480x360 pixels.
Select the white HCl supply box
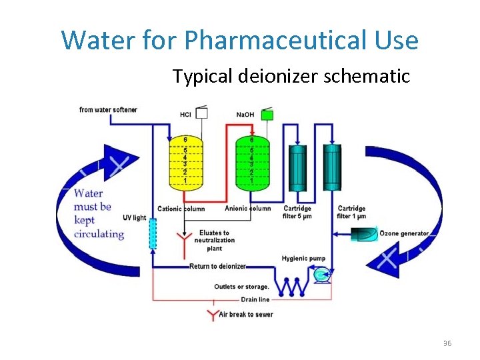point(201,114)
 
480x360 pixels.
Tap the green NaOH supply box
point(267,115)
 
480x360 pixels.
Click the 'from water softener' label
point(108,110)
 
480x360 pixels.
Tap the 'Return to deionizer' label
point(217,267)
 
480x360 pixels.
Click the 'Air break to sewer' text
point(246,314)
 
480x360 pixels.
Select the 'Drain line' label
point(255,300)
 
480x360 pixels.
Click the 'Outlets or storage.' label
point(241,287)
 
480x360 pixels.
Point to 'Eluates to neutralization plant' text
point(214,241)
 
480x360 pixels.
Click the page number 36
point(447,343)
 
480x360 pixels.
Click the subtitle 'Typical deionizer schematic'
point(291,77)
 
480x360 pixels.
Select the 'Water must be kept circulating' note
point(98,213)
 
